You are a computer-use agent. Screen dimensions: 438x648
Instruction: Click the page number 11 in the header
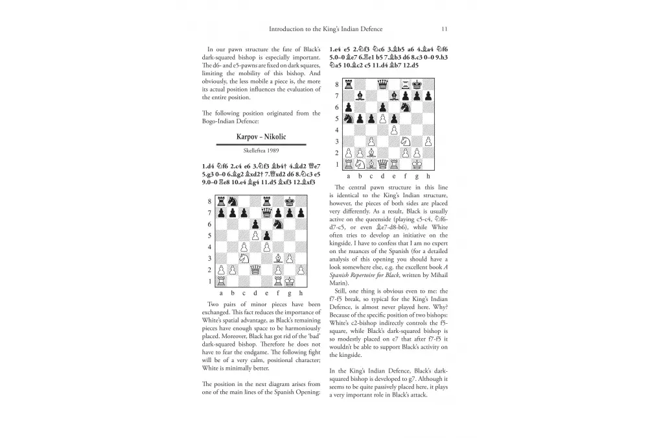tap(444, 29)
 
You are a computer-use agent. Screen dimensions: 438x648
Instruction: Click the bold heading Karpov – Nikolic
tap(261, 137)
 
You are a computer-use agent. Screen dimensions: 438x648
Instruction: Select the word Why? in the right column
tap(440, 306)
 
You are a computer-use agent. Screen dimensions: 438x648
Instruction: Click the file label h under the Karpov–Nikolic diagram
tap(301, 293)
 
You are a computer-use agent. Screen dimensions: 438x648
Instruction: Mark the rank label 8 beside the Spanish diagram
tap(336, 84)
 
